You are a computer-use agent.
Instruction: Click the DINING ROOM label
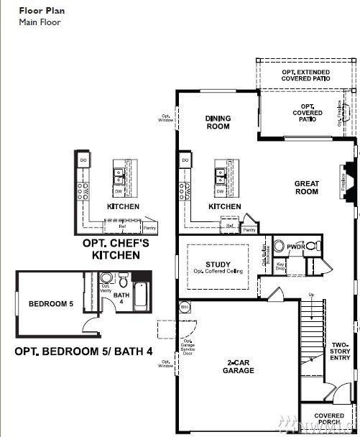[218, 122]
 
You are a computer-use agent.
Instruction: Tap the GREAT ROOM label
[306, 188]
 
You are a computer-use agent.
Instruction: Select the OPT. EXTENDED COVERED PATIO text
[306, 75]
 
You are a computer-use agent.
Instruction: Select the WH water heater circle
[184, 307]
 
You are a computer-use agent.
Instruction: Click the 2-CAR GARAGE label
[238, 367]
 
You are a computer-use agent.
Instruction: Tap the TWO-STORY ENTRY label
[340, 350]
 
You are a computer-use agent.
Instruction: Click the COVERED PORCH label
[329, 419]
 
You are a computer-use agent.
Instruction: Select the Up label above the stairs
[310, 295]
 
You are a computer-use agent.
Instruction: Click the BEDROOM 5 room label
[50, 304]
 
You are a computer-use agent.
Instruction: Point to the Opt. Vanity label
[105, 289]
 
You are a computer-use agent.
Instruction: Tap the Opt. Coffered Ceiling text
[218, 272]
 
